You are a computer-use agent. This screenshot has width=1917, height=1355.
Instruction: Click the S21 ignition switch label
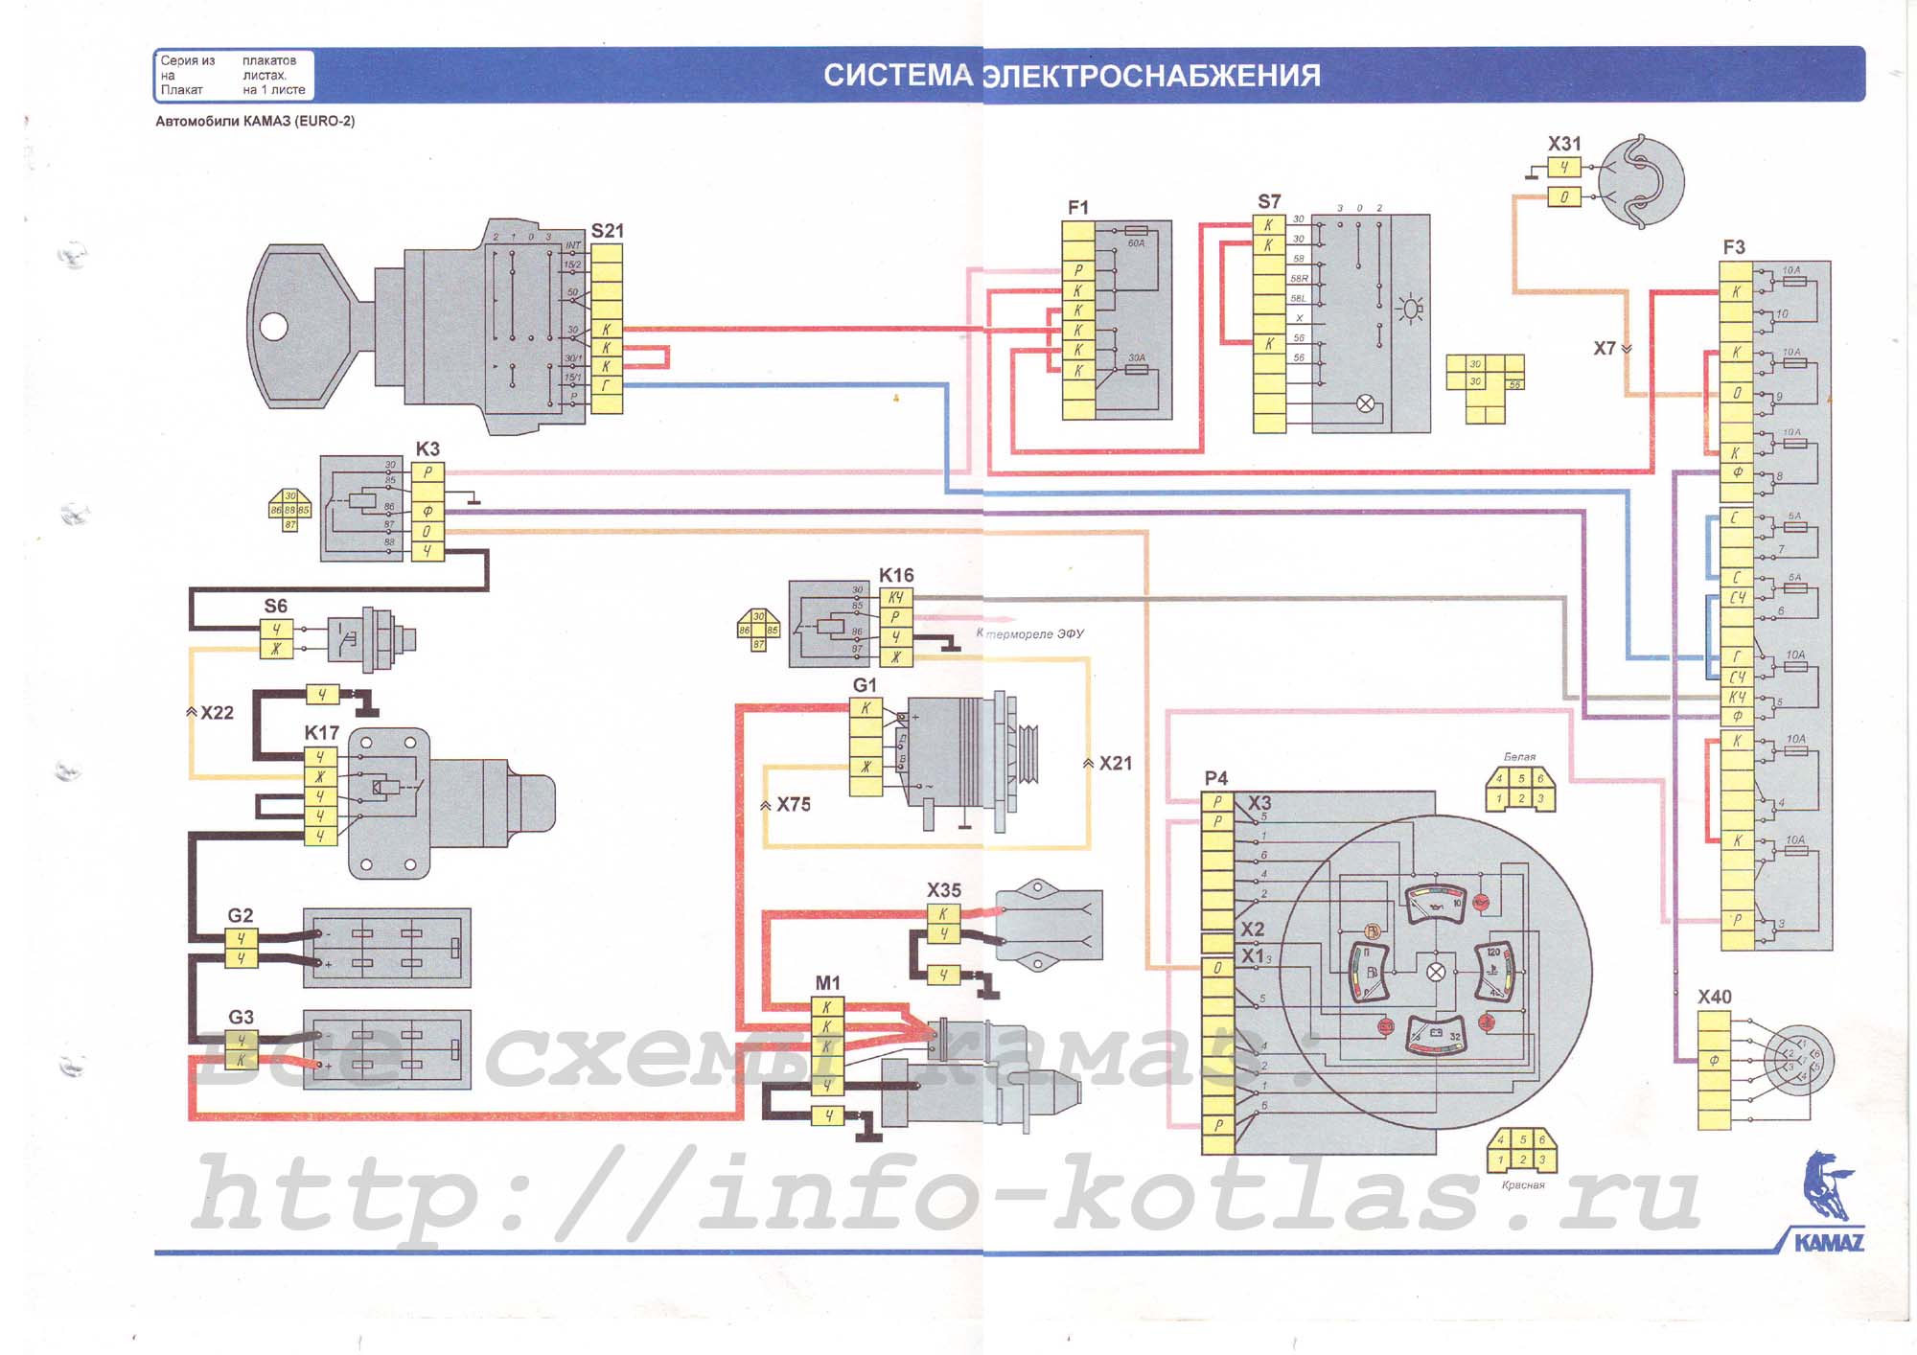coord(607,231)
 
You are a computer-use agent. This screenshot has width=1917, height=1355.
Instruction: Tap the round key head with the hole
coord(287,326)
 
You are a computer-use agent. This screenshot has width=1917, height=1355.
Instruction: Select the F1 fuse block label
coord(1078,208)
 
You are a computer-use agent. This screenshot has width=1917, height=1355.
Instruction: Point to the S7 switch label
coord(1269,201)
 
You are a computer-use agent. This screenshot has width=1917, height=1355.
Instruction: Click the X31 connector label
coord(1564,144)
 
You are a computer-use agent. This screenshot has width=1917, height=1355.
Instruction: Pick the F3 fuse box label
coord(1734,247)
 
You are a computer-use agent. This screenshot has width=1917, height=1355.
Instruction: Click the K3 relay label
coord(427,448)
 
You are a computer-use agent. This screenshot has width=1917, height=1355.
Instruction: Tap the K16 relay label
coord(896,575)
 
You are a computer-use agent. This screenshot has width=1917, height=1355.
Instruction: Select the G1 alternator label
coord(865,685)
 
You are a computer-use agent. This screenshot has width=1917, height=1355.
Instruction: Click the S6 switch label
coord(275,606)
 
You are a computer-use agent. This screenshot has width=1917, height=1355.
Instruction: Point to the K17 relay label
coord(322,732)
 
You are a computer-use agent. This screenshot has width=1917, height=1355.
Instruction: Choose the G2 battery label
coord(241,915)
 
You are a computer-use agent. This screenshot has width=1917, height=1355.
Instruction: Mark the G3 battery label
coord(241,1017)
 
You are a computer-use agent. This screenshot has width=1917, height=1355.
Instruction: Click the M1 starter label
coord(827,983)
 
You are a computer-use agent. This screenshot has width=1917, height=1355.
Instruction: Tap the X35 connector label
coord(943,890)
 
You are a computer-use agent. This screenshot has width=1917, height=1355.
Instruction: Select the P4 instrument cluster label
coord(1215,778)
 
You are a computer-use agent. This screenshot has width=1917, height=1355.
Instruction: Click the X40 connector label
coord(1714,997)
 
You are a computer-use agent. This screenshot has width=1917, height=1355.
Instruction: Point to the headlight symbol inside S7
coord(1410,310)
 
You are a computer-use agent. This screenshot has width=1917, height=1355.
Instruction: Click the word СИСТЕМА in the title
coord(898,76)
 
